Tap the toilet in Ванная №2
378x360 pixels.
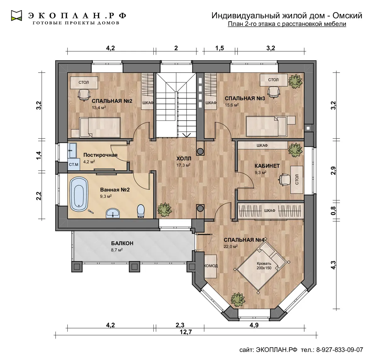click(x=141, y=211)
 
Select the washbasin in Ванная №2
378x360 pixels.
click(x=113, y=213)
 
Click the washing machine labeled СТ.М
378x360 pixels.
click(x=74, y=164)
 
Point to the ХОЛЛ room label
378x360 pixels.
click(x=184, y=159)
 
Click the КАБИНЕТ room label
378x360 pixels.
click(x=267, y=166)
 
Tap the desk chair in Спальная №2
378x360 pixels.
click(x=84, y=95)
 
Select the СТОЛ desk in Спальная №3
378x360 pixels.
click(x=274, y=80)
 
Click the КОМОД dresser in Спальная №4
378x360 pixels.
click(x=210, y=266)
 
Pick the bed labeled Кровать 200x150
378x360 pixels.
click(x=262, y=265)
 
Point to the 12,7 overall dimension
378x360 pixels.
click(x=186, y=332)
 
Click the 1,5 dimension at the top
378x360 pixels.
click(x=220, y=48)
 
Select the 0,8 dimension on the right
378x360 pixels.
click(x=333, y=211)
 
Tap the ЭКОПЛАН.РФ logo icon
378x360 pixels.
click(x=16, y=15)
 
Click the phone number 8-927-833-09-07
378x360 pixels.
click(x=340, y=349)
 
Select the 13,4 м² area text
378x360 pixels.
click(x=99, y=107)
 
